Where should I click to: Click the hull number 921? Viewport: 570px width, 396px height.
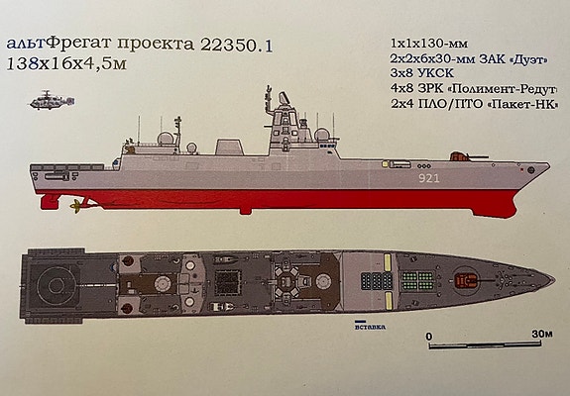(x=429, y=178)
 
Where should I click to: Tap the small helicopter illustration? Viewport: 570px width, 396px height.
(x=52, y=101)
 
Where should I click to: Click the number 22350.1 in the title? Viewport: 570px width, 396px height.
(x=236, y=46)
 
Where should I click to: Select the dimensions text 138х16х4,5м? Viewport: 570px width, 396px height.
(x=66, y=64)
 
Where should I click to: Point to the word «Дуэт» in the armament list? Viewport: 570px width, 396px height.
(x=529, y=59)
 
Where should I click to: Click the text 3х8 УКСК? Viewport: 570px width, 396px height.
(x=422, y=73)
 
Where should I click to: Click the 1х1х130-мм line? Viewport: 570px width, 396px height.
(x=429, y=44)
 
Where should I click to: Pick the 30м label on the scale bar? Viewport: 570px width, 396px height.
(x=542, y=334)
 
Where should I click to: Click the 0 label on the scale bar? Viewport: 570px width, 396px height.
(x=429, y=337)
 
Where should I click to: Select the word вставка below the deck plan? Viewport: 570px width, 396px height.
(x=370, y=327)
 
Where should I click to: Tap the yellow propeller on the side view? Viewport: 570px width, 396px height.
(x=77, y=206)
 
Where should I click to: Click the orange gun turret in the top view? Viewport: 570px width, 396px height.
(x=466, y=280)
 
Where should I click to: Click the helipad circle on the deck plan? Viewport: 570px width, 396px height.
(x=56, y=286)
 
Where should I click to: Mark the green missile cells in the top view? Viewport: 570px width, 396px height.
(x=417, y=280)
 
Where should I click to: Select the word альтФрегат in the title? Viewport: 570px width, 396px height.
(x=58, y=44)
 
